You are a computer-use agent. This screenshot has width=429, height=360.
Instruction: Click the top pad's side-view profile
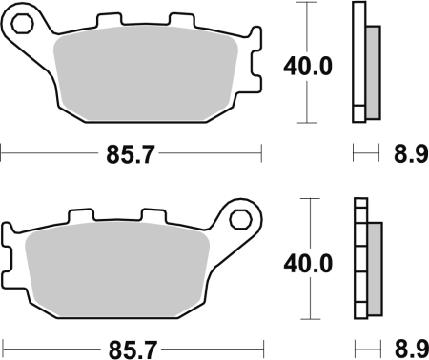(359, 62)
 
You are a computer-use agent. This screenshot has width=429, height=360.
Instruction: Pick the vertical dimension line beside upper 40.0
(305, 29)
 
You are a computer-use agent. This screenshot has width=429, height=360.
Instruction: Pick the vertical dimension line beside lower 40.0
(305, 224)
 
